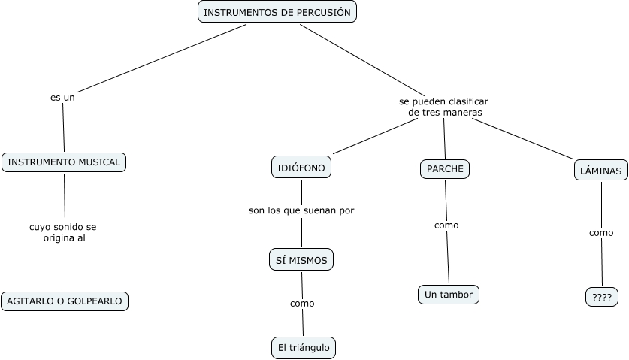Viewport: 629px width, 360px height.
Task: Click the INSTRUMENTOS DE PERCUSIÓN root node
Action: pos(277,12)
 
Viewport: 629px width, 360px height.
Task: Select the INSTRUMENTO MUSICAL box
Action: pos(64,162)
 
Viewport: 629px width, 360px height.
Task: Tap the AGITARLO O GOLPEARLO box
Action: pos(65,301)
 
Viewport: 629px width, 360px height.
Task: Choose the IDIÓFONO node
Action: pos(301,168)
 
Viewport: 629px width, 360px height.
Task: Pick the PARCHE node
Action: pos(444,169)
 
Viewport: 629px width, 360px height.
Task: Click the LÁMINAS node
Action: pos(600,171)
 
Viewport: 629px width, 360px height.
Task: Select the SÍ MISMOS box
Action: pos(301,260)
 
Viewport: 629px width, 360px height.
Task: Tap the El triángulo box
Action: pos(303,348)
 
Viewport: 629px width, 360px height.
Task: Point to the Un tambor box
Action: pos(448,295)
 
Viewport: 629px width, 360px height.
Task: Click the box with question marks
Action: pos(601,297)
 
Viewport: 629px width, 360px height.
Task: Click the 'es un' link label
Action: pos(62,97)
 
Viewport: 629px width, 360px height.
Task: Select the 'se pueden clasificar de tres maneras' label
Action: pos(444,107)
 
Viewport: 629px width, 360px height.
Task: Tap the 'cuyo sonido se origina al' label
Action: pos(63,231)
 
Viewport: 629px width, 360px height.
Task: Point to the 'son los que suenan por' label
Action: pos(301,210)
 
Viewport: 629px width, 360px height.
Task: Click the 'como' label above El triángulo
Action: pos(302,304)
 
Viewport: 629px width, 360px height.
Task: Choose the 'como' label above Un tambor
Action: pos(446,225)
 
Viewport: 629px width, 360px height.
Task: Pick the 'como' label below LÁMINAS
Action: pos(601,233)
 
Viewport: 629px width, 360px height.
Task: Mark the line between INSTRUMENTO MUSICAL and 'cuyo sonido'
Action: pos(64,195)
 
